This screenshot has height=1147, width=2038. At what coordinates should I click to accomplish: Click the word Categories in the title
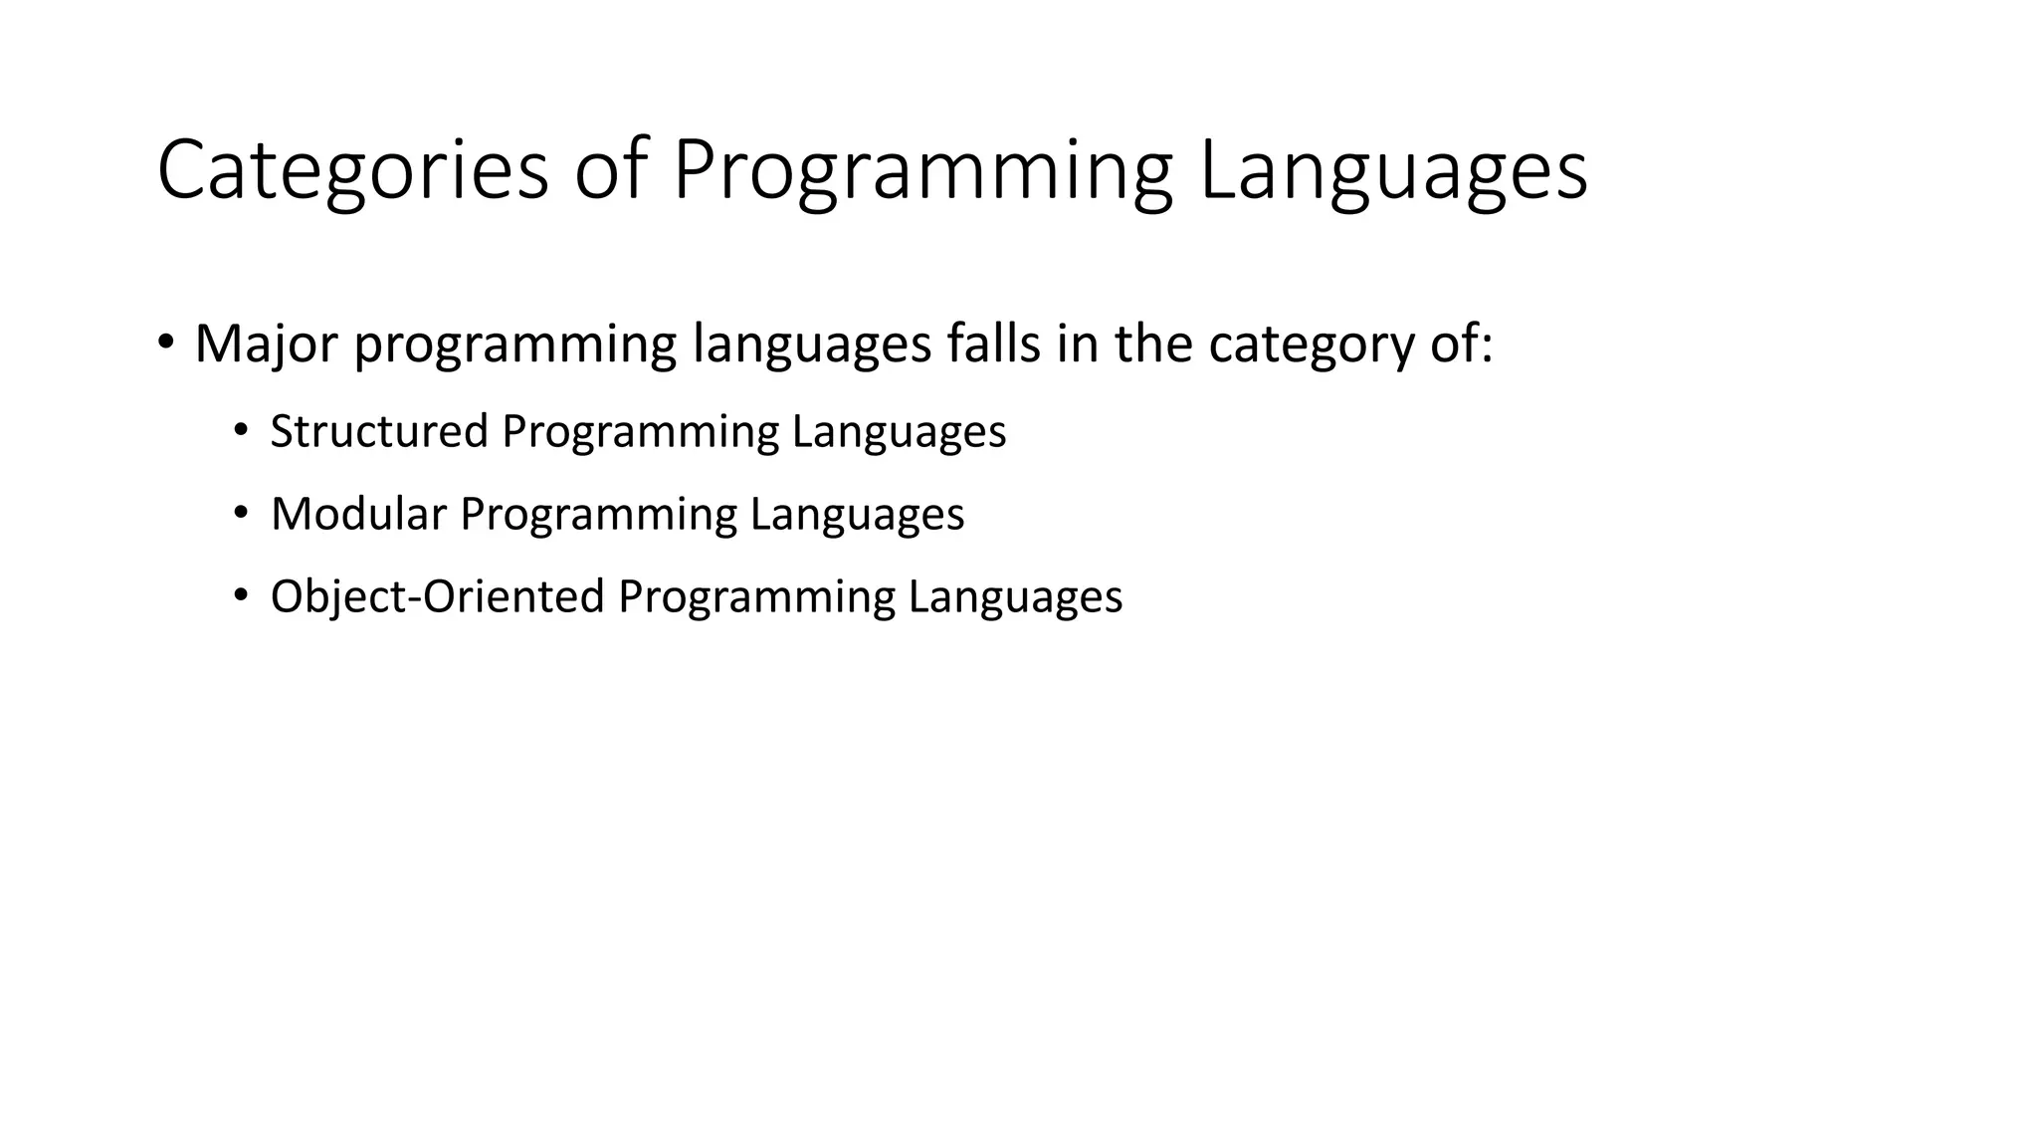pos(352,170)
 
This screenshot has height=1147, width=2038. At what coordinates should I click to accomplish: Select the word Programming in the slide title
pos(922,170)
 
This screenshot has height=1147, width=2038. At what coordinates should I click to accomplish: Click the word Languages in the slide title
pos(1393,170)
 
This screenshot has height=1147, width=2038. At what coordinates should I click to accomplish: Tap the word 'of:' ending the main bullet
pos(1462,344)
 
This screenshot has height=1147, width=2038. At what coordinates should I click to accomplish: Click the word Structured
pos(379,431)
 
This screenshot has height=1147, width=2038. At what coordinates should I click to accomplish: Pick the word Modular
pos(358,514)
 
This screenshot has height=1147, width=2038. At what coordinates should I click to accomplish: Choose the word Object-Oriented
pos(438,596)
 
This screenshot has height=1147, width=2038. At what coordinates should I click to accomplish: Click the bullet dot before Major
pos(166,342)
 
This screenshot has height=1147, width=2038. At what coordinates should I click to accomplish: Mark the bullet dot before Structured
pos(240,430)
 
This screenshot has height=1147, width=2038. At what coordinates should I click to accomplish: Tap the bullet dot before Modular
pos(240,513)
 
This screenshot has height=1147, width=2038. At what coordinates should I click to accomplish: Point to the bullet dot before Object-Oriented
pos(240,595)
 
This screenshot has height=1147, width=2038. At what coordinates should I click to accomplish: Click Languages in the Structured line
pos(899,431)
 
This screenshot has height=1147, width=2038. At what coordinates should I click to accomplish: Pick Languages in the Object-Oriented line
pos(1015,596)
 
